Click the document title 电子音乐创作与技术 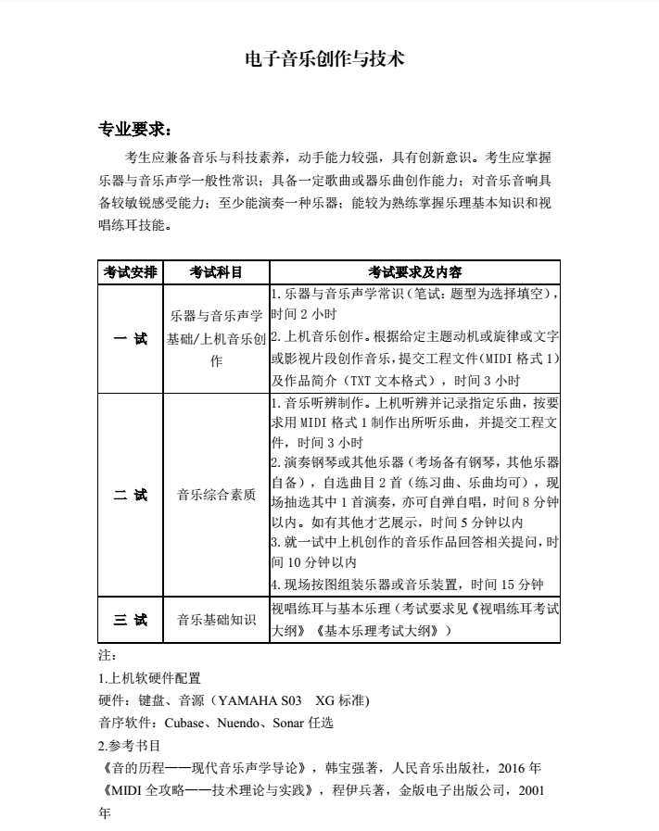point(323,59)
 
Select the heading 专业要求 point(133,127)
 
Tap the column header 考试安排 point(130,272)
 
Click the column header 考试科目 point(216,272)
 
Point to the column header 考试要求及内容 point(414,272)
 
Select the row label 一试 point(130,339)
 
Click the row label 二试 point(130,495)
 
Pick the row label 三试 point(130,620)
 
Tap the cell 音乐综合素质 point(216,495)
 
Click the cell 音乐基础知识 point(216,620)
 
